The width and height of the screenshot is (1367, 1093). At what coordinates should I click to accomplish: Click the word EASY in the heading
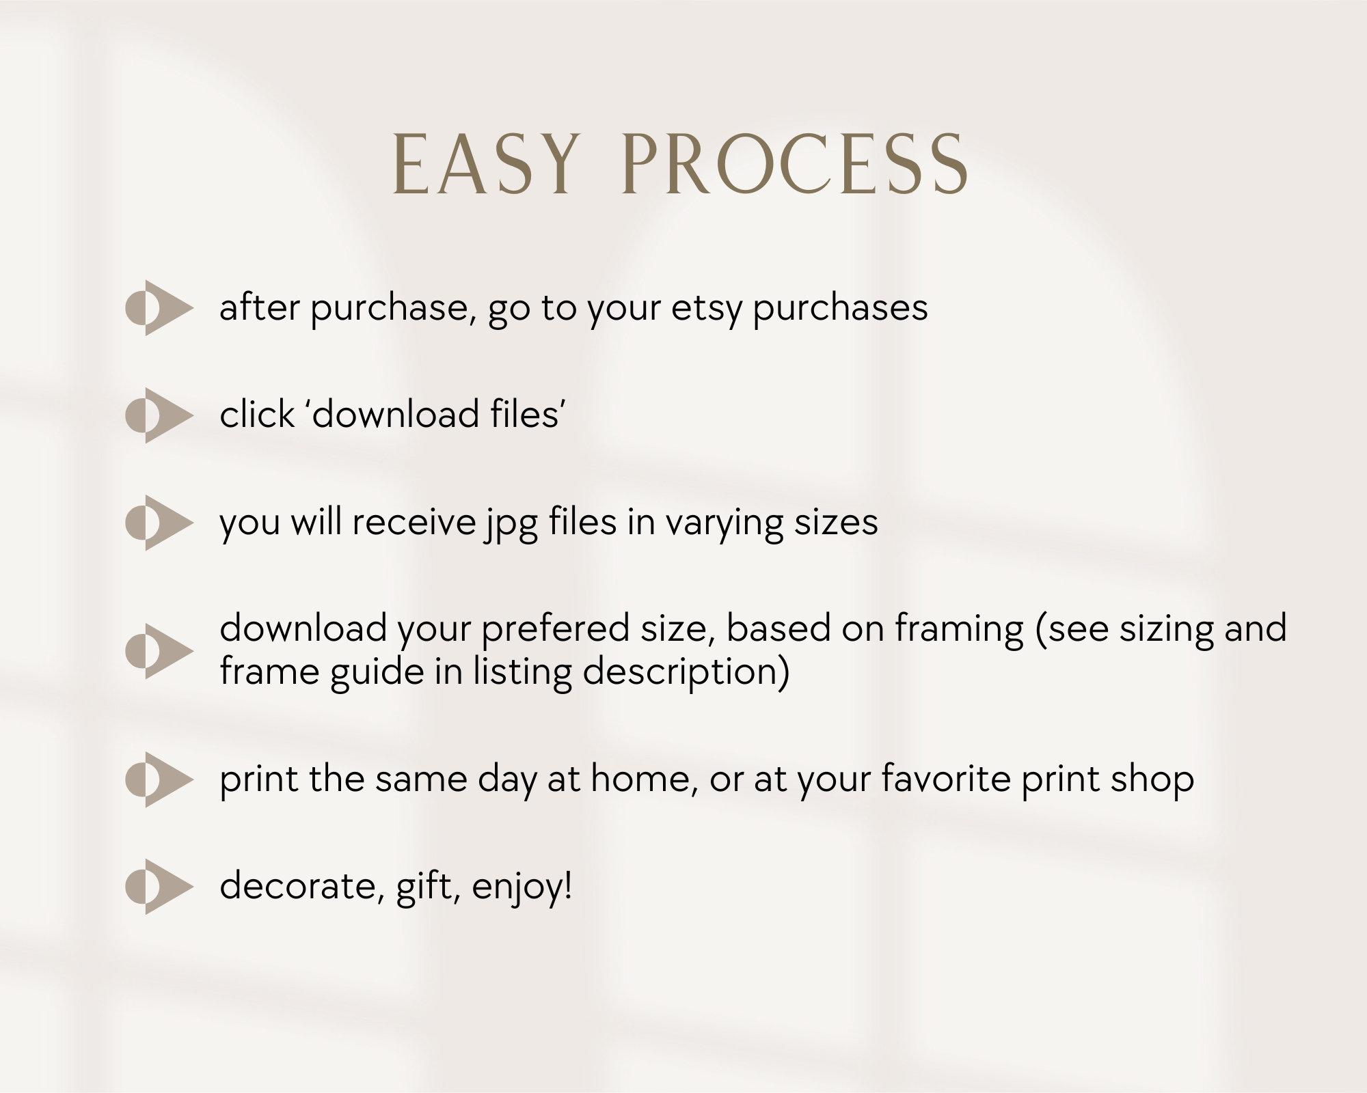(x=484, y=166)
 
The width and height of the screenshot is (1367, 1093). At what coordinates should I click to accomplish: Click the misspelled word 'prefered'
(x=555, y=630)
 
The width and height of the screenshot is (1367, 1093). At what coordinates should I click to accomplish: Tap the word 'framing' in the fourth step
(x=960, y=630)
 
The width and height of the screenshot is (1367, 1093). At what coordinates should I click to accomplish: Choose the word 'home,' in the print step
(x=644, y=779)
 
